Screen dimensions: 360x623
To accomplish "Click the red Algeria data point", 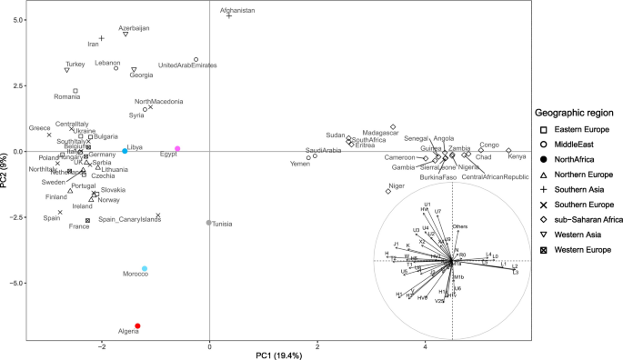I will click(x=137, y=325).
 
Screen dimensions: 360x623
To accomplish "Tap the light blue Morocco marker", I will click(x=145, y=268).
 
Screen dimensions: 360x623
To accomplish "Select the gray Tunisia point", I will click(x=209, y=223).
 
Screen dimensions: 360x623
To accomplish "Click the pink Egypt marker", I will click(x=178, y=148).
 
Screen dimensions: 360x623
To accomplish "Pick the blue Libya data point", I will click(x=125, y=151).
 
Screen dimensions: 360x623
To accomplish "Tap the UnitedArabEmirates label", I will click(x=187, y=65).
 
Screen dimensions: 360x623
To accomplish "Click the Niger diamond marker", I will click(x=387, y=191).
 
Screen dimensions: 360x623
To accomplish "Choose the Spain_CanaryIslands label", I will click(x=130, y=219).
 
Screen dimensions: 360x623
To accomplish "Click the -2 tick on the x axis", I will click(x=102, y=343).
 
